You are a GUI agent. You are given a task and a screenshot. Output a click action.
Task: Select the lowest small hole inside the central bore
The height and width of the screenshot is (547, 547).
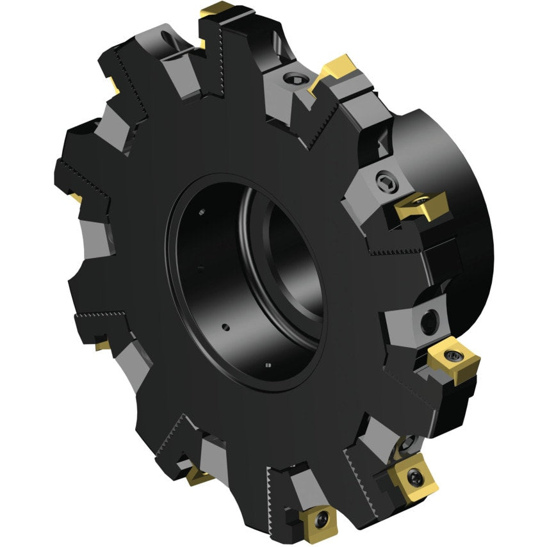(x=267, y=365)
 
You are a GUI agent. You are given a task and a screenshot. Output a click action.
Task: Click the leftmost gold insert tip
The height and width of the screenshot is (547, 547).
(x=75, y=196)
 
